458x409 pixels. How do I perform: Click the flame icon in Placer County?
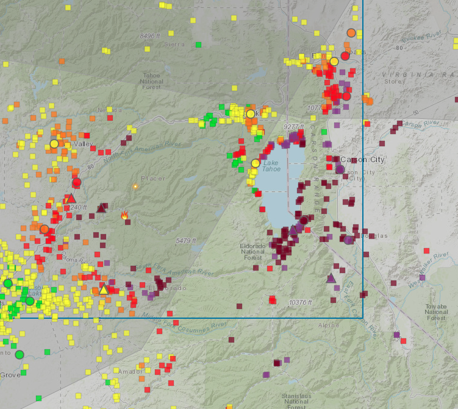[124, 215]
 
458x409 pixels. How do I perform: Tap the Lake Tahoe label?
[271, 166]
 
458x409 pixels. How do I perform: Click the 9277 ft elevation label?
[294, 126]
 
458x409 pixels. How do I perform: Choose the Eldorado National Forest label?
[252, 251]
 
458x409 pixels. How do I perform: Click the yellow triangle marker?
[104, 290]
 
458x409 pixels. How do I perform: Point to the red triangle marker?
[71, 198]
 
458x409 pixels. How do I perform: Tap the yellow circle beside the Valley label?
[54, 144]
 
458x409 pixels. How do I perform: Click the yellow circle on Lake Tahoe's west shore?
[256, 163]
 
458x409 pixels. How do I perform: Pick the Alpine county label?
[329, 325]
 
